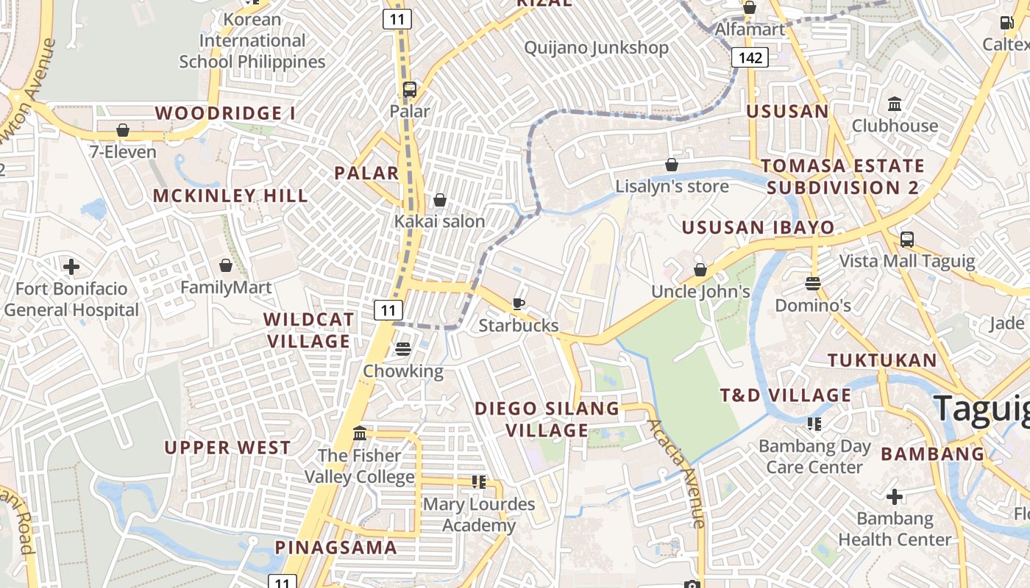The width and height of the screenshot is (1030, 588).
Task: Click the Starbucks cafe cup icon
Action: (519, 304)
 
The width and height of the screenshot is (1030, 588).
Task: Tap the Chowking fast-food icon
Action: (402, 349)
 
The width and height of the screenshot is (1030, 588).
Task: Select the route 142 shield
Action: (750, 57)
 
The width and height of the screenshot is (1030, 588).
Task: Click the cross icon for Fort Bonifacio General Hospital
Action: (71, 267)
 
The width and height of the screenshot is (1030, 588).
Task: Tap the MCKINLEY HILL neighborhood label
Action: (230, 196)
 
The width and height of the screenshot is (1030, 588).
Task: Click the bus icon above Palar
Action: (410, 90)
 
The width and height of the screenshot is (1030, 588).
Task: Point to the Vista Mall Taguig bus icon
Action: (907, 240)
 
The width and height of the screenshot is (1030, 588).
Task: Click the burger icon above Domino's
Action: (813, 284)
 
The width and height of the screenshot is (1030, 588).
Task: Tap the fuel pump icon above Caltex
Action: (1006, 23)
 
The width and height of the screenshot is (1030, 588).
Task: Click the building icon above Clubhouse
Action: (895, 104)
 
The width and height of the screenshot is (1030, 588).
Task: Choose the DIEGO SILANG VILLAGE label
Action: (547, 419)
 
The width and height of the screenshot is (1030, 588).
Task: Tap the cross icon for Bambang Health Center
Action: (895, 498)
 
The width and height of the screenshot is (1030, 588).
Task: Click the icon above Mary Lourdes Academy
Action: (479, 483)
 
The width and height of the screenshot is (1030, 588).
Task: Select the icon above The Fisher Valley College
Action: (360, 434)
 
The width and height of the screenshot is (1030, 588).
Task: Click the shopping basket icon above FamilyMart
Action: (226, 265)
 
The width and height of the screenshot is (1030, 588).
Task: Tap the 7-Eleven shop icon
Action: (123, 131)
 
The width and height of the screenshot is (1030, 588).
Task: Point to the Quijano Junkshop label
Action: (596, 49)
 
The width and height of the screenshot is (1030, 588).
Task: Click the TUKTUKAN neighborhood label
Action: (882, 360)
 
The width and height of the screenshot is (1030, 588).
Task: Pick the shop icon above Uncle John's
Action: (700, 270)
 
